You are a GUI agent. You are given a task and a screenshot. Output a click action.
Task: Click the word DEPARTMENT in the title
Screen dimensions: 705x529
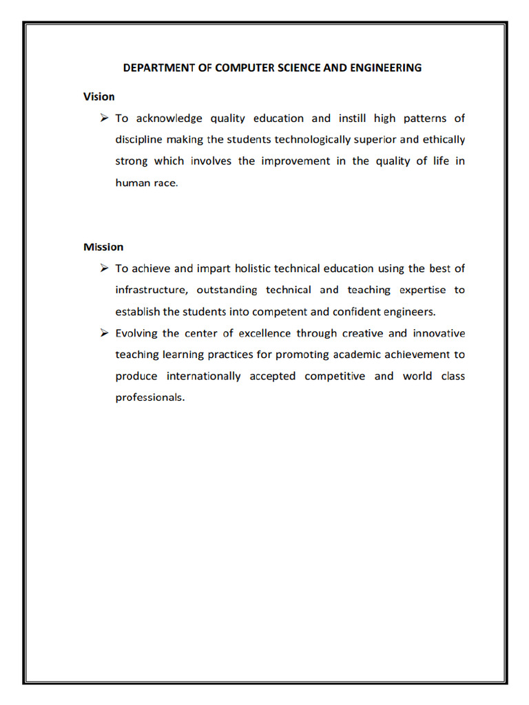pyautogui.click(x=155, y=67)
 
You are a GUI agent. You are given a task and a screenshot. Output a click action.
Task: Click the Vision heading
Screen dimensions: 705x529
pyautogui.click(x=99, y=96)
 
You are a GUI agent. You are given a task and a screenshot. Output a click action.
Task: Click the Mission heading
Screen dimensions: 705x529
pyautogui.click(x=103, y=246)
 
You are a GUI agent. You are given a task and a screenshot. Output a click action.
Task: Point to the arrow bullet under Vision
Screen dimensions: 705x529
pyautogui.click(x=104, y=118)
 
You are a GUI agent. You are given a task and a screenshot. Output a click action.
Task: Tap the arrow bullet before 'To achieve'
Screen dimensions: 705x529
pyautogui.click(x=104, y=269)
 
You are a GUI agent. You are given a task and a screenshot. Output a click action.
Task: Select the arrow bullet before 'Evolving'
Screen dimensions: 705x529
pyautogui.click(x=104, y=333)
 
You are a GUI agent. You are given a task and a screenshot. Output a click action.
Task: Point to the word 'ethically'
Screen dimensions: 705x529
pyautogui.click(x=442, y=140)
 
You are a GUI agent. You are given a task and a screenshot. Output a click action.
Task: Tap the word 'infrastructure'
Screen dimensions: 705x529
pyautogui.click(x=152, y=290)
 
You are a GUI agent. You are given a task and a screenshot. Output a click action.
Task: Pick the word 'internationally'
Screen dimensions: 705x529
pyautogui.click(x=204, y=376)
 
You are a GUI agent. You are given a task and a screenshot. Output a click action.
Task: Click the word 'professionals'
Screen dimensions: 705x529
pyautogui.click(x=150, y=398)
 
